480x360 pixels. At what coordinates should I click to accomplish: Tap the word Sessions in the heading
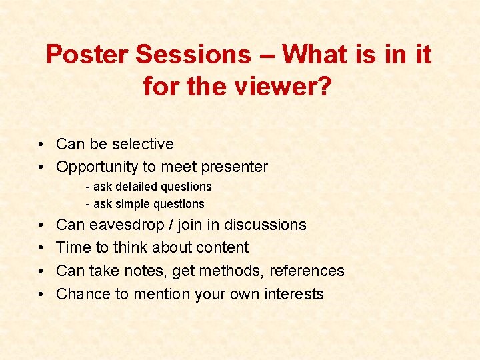193,55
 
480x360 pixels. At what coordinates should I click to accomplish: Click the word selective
143,144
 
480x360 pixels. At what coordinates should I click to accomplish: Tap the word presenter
233,167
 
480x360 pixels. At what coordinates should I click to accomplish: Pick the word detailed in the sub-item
137,187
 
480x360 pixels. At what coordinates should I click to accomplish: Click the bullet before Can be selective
41,145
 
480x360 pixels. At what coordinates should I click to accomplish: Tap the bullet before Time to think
41,248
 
